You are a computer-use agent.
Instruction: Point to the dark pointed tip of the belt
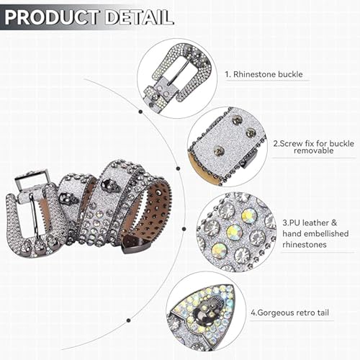pos(134,246)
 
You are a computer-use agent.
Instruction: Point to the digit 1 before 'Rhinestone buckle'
pos(226,74)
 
